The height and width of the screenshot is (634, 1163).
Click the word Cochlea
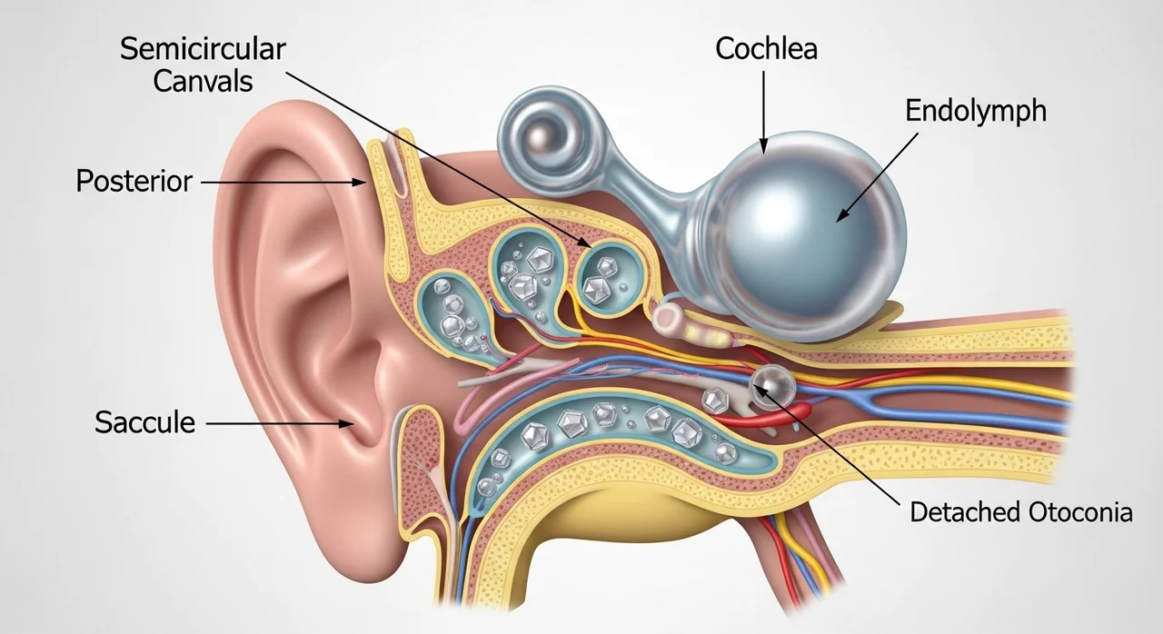[x=766, y=49]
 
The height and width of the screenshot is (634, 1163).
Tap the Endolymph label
[x=976, y=112]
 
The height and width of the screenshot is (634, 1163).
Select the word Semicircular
[x=203, y=49]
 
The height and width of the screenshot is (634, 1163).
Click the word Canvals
[x=203, y=82]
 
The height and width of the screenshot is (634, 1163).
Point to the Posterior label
[x=134, y=181]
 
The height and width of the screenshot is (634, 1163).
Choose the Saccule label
[x=144, y=422]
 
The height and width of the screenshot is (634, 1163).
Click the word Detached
[x=965, y=512]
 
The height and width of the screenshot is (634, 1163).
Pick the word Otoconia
[x=1080, y=512]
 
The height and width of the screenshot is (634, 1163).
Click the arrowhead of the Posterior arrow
[x=360, y=182]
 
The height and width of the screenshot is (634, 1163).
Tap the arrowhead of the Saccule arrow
[x=347, y=424]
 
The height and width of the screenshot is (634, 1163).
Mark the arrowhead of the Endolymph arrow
[x=841, y=215]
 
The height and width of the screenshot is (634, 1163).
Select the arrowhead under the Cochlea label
[x=763, y=146]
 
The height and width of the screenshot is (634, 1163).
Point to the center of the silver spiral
[x=542, y=136]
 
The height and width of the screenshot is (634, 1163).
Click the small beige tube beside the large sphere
[x=670, y=317]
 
